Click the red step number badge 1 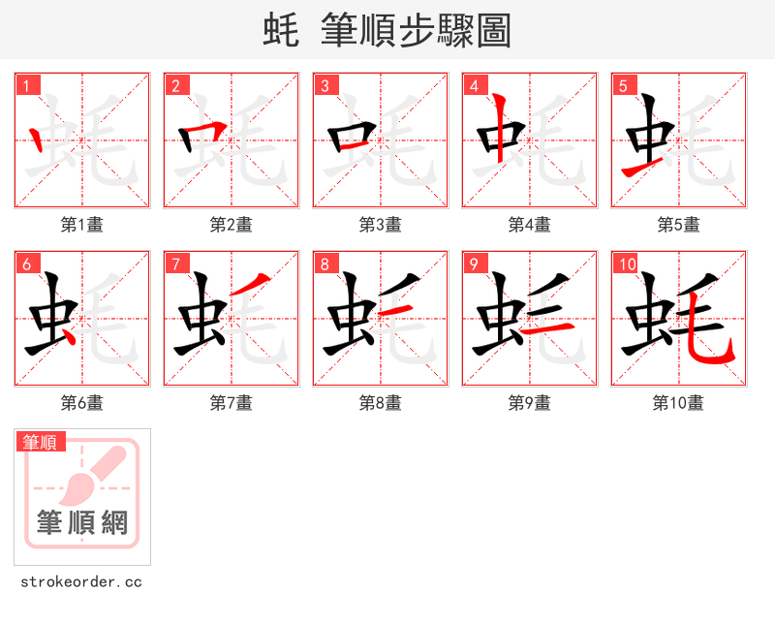point(25,85)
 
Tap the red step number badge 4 point(473,85)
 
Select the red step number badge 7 point(174,264)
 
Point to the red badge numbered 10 point(626,264)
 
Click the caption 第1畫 point(81,225)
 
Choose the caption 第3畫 point(380,225)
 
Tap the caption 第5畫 point(678,225)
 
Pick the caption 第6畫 point(81,403)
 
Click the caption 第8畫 point(380,403)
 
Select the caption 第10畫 point(678,403)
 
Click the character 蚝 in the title point(280,30)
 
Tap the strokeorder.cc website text point(81,582)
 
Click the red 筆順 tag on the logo point(41,442)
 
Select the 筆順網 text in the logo point(82,523)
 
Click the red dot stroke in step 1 point(37,140)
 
